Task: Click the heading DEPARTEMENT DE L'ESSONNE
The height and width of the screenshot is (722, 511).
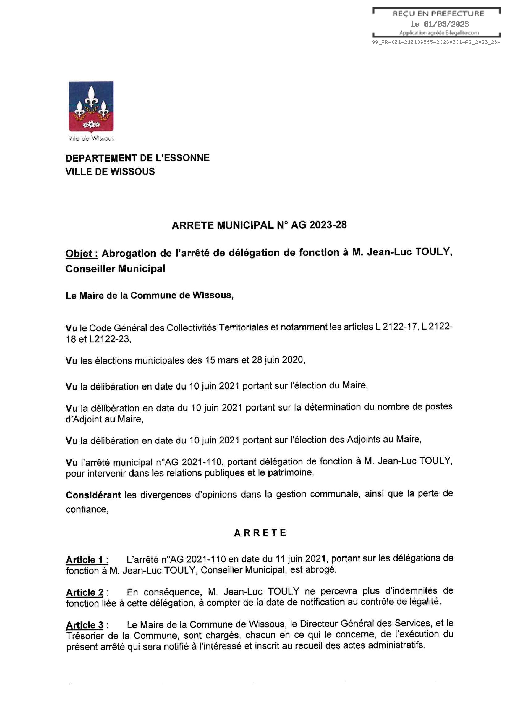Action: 137,158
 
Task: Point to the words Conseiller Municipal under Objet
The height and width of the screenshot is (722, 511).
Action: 115,269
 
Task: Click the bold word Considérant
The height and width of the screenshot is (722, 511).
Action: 93,495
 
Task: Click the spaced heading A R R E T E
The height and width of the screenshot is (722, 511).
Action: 260,533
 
